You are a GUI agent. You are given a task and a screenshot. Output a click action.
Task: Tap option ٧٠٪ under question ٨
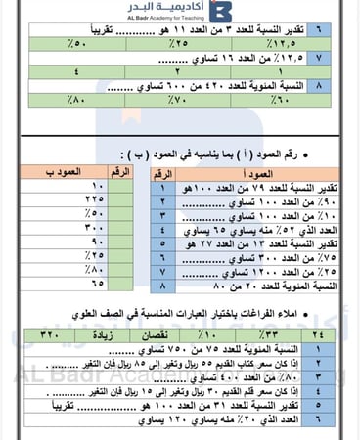176,98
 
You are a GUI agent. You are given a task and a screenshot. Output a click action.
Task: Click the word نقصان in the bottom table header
162,333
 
